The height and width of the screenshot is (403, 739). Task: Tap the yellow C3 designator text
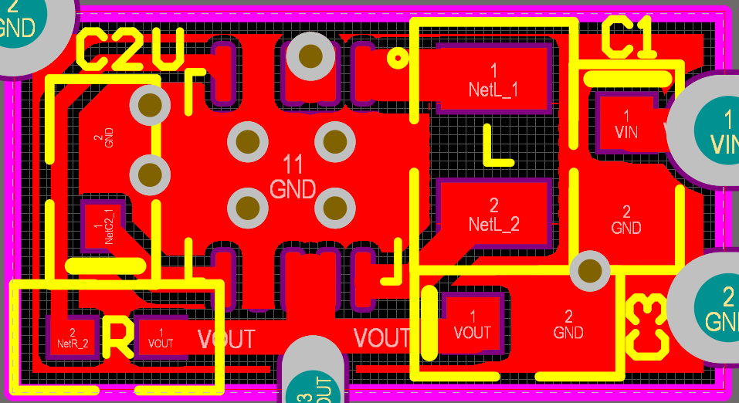point(646,327)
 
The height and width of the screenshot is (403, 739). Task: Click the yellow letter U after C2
point(167,49)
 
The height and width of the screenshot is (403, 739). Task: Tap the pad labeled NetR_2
point(72,337)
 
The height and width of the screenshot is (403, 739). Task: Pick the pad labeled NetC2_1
point(101,225)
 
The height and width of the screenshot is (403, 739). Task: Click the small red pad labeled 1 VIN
point(626,124)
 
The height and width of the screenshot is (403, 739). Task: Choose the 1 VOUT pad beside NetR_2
point(161,337)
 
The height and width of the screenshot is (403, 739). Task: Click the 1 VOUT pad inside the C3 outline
point(472,323)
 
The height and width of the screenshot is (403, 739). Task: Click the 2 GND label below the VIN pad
point(625,220)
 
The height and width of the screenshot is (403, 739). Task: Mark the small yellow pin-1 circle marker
point(397,57)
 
